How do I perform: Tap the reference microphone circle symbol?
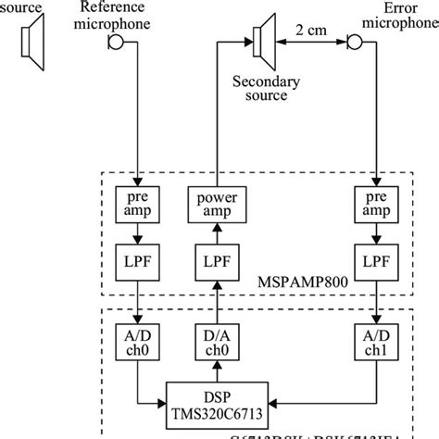pos(115,43)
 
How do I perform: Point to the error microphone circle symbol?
pos(353,43)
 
